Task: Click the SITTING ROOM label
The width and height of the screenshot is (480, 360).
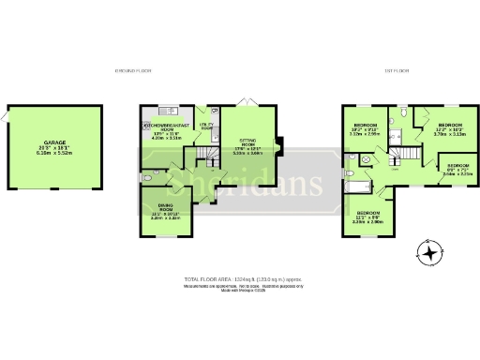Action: coord(247,144)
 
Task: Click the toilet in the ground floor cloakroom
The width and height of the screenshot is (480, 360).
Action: coord(142,175)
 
